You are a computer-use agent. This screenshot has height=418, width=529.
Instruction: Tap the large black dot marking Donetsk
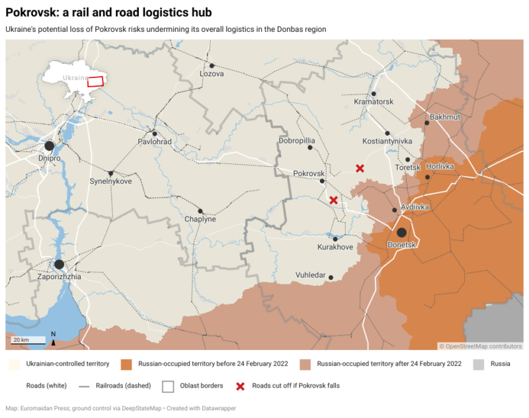click(x=401, y=232)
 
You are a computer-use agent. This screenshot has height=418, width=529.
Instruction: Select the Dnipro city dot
click(x=49, y=146)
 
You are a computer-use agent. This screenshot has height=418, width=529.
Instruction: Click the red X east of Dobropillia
click(x=360, y=169)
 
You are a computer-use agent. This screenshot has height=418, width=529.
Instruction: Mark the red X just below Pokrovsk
click(x=334, y=200)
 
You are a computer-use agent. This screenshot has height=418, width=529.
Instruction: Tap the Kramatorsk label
click(x=374, y=102)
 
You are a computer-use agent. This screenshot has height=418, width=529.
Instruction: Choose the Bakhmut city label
click(x=444, y=117)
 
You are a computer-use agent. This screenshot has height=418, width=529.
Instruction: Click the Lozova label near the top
click(x=212, y=74)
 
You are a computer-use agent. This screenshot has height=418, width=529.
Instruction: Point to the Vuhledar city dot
click(x=331, y=278)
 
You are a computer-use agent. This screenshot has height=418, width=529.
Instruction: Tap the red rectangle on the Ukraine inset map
click(x=97, y=81)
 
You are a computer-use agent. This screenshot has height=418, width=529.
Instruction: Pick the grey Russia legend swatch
click(x=479, y=364)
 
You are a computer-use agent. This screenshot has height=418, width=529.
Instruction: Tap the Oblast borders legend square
click(x=168, y=386)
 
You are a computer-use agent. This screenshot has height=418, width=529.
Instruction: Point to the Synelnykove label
click(x=110, y=181)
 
